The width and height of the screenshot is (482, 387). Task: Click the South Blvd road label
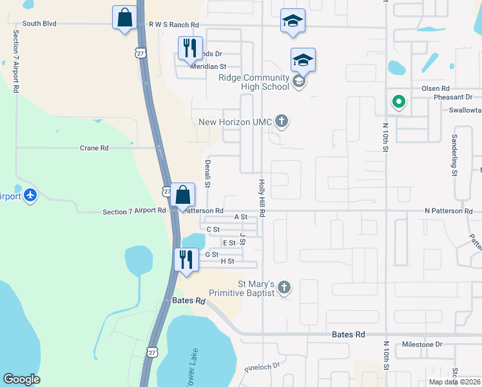tap(39, 24)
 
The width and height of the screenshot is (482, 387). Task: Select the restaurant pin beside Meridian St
tap(189, 48)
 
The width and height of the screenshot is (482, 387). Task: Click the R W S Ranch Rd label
tap(174, 25)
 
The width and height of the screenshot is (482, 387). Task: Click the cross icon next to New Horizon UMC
tap(281, 121)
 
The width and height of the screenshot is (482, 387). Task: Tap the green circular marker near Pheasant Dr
tap(399, 101)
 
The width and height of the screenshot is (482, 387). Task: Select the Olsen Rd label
tap(435, 88)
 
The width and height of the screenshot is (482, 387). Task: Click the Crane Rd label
tap(94, 148)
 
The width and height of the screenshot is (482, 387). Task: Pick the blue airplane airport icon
tap(30, 195)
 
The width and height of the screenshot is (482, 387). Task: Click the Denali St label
tap(207, 174)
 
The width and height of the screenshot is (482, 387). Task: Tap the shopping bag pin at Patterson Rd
tap(183, 194)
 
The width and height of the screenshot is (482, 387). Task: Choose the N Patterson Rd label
tap(448, 211)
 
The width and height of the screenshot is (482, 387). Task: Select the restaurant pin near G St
tap(186, 259)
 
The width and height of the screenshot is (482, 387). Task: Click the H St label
tap(227, 261)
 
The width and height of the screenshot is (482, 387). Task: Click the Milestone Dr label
tap(421, 344)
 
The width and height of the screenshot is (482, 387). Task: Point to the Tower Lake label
tap(191, 377)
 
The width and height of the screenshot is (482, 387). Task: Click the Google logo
tap(21, 379)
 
